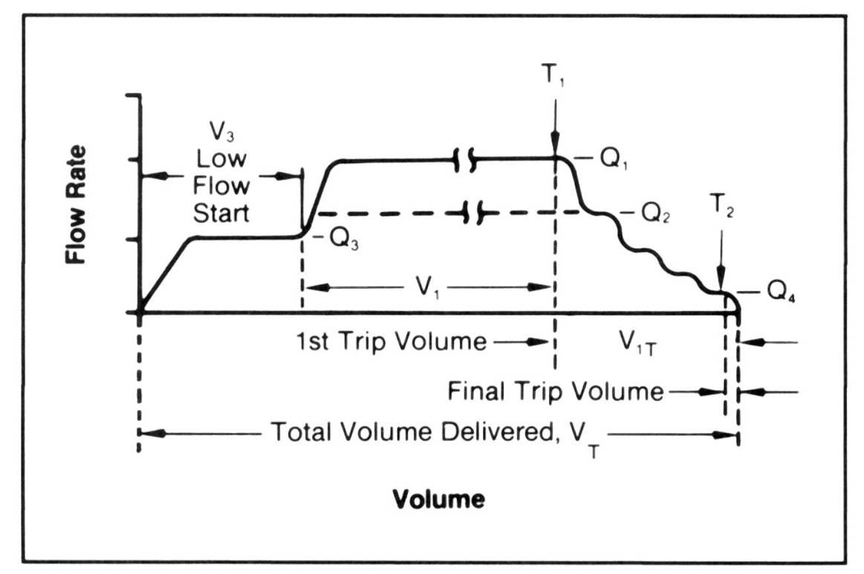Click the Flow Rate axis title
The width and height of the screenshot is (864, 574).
(76, 205)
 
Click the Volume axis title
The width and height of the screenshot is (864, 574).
(438, 498)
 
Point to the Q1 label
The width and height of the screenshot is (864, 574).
(611, 160)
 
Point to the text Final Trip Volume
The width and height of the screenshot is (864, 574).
(555, 391)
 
